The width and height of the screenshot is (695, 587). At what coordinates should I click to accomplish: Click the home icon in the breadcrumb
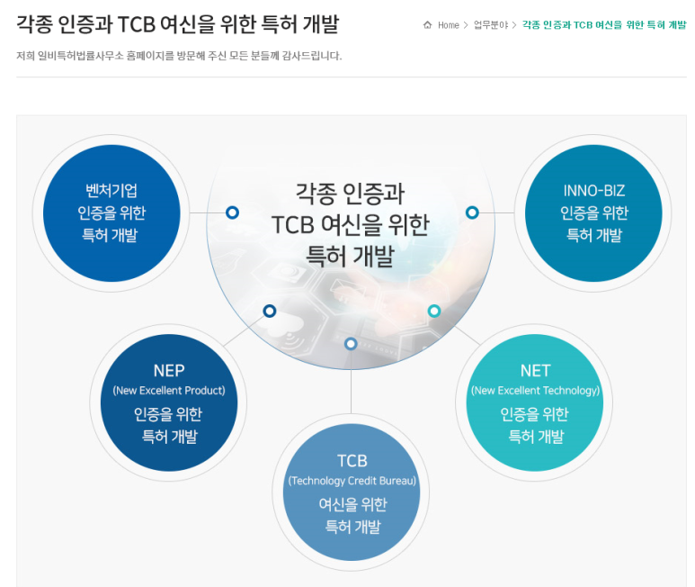pos(428,25)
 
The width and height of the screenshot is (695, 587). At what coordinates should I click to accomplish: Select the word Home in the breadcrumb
pos(449,25)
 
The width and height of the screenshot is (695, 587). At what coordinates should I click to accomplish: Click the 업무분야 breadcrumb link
pos(491,25)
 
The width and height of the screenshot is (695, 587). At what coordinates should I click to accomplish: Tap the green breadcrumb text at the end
pos(603,25)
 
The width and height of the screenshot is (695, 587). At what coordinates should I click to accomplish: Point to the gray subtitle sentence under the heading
pos(179,56)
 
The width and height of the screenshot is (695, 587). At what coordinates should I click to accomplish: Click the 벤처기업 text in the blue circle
pos(111,191)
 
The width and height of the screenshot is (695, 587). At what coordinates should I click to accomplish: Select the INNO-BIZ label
pos(593,191)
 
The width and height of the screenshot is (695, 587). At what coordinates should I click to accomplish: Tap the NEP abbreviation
pos(169,371)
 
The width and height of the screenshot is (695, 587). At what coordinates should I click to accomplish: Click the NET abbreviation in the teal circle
pos(535,371)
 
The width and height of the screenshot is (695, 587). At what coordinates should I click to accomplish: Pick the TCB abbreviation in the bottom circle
pos(352,461)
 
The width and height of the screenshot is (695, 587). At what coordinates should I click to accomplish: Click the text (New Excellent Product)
pos(169,391)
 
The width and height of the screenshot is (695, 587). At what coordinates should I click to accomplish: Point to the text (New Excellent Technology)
pos(535,391)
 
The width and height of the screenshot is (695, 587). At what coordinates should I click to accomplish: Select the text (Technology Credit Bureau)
pos(352,481)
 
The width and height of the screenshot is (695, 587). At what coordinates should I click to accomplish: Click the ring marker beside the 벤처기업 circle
pos(232,212)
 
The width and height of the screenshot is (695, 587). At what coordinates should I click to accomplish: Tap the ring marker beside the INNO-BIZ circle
pos(472,212)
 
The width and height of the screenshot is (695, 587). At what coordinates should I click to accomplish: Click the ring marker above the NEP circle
pos(269,311)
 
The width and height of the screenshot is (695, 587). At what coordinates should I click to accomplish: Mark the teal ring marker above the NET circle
pos(434,311)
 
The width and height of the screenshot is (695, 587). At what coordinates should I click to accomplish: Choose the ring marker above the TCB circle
pos(351,343)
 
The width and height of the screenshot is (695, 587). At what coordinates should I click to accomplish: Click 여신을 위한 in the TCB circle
pos(352,504)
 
